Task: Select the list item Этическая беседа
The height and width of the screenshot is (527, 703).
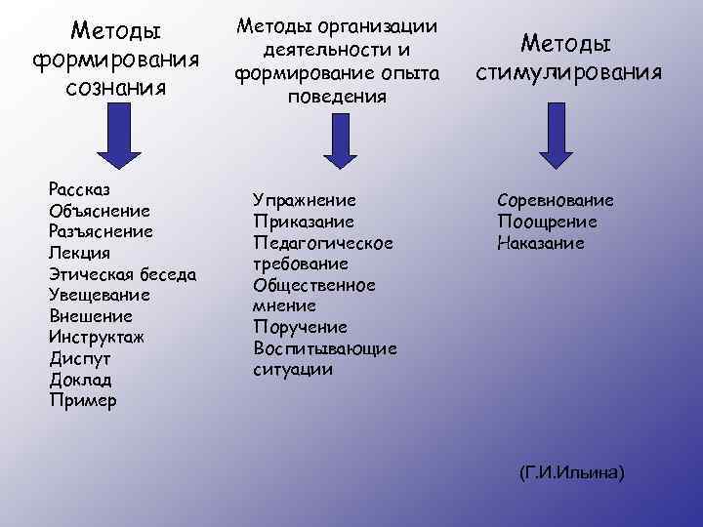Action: pos(122,274)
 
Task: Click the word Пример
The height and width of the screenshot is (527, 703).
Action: pos(82,400)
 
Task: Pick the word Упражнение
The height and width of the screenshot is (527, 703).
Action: pos(304,200)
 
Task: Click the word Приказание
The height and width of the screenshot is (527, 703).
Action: pos(303,222)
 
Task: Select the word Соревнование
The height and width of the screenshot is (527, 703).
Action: pos(555,200)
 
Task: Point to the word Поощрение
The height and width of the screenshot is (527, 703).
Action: pos(547,222)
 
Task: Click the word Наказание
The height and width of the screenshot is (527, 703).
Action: pos(541,243)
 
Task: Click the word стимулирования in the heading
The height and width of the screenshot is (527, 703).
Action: pos(569,72)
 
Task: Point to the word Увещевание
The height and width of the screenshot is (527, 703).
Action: pos(99,295)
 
